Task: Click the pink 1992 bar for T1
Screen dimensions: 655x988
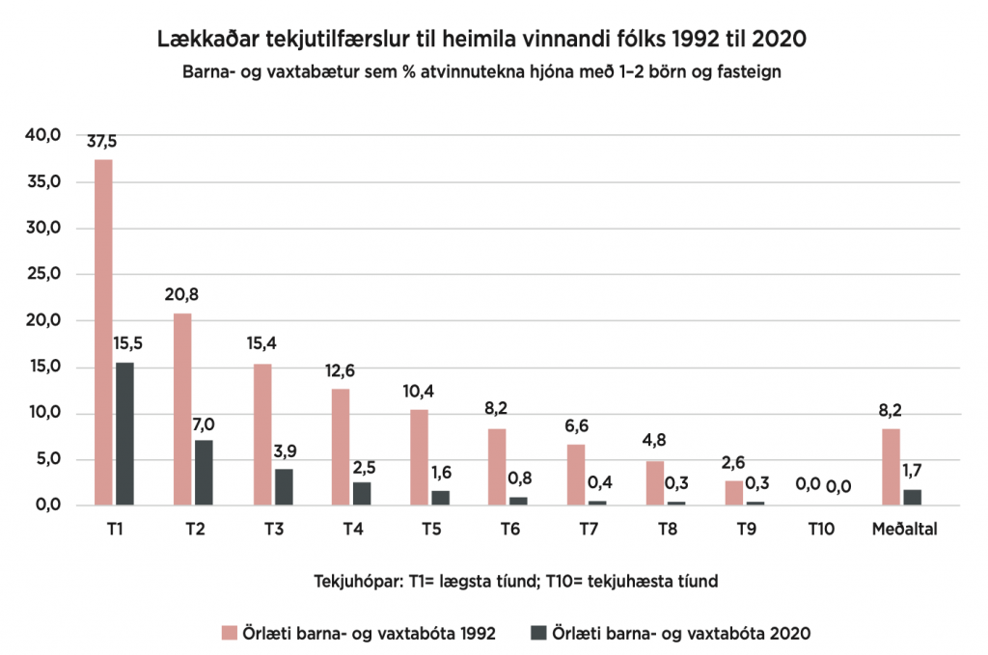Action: pyautogui.click(x=103, y=332)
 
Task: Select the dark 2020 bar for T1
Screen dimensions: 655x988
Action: pyautogui.click(x=124, y=433)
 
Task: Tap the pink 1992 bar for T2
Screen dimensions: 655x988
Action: pyautogui.click(x=182, y=409)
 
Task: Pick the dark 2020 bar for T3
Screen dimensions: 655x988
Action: pyautogui.click(x=283, y=487)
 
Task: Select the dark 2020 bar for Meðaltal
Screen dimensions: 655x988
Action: pyautogui.click(x=913, y=497)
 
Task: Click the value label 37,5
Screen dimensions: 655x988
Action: pyautogui.click(x=102, y=142)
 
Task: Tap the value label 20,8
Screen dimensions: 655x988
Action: pyautogui.click(x=181, y=295)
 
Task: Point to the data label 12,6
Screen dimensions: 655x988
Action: pyautogui.click(x=341, y=370)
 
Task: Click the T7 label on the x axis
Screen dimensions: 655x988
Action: pyautogui.click(x=587, y=530)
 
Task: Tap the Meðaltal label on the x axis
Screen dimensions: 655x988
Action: pyautogui.click(x=904, y=530)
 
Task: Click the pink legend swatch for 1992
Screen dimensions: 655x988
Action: pyautogui.click(x=229, y=633)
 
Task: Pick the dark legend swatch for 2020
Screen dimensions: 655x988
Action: pyautogui.click(x=539, y=633)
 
